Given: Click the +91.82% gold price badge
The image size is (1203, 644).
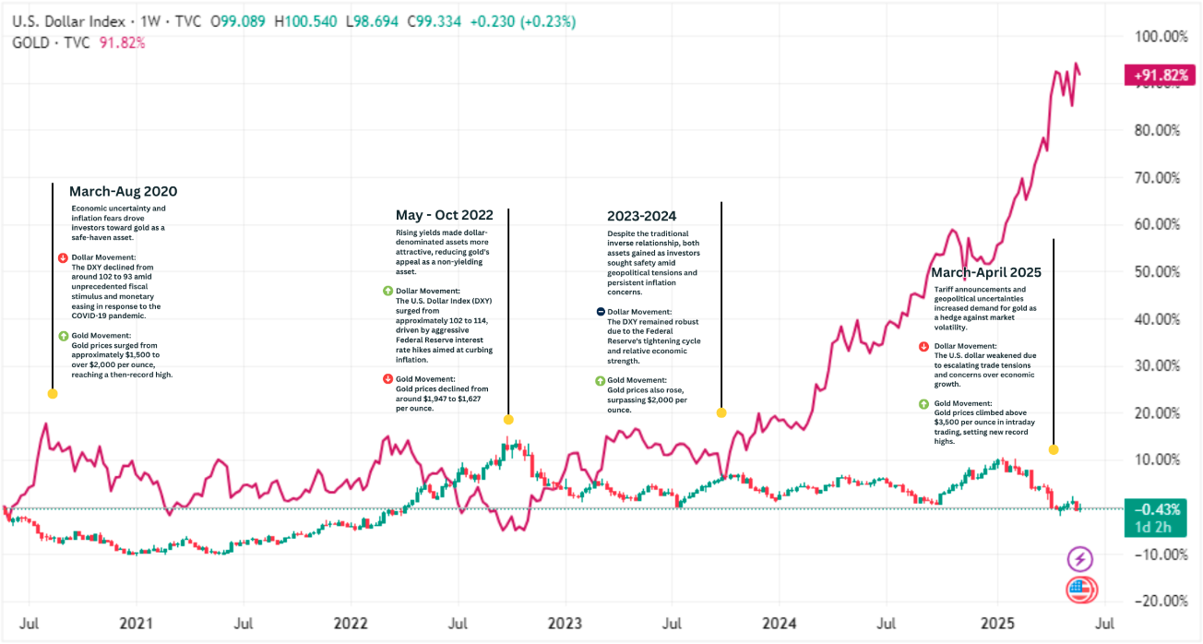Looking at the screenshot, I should [x=1154, y=77].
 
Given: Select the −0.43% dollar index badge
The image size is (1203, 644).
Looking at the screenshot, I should [x=1154, y=509].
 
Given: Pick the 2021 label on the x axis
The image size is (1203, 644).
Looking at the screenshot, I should [x=136, y=623].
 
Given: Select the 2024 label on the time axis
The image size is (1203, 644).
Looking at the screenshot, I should [x=780, y=623].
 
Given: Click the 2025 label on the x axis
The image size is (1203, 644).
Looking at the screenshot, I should [x=997, y=623].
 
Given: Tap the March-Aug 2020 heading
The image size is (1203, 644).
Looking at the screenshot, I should [x=123, y=192].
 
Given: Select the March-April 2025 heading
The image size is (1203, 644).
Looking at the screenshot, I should [x=985, y=272].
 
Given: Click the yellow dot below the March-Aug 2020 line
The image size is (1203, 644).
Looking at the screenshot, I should [x=53, y=394].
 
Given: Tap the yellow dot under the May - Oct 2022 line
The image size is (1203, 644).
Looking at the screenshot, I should [x=508, y=420].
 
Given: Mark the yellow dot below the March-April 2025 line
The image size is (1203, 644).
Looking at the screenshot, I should [x=1054, y=449].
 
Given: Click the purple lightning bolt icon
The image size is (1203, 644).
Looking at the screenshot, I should [x=1080, y=559].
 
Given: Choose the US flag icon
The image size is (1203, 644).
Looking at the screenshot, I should [x=1080, y=590].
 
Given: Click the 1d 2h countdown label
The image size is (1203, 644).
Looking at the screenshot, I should [x=1152, y=528].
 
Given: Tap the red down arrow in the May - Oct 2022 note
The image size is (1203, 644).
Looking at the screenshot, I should [x=387, y=379].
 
